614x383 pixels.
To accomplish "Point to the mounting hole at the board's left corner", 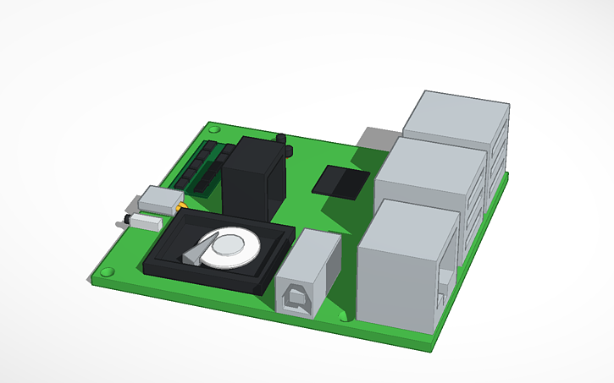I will tap(108, 272).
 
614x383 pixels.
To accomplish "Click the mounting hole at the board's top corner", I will tap(214, 129).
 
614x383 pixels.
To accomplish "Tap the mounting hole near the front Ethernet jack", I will tap(343, 315).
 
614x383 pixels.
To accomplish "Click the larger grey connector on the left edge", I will tap(160, 200).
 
